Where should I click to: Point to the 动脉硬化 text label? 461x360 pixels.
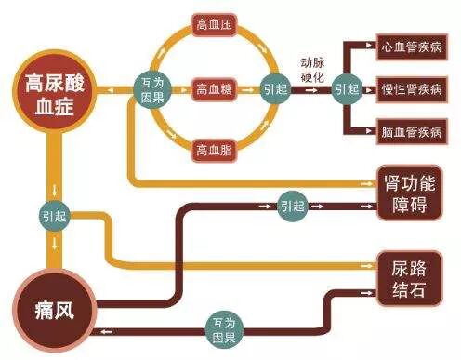pos(313,69)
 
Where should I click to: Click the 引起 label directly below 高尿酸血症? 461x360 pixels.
pos(52,213)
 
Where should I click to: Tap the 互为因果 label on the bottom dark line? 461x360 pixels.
pos(222,327)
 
